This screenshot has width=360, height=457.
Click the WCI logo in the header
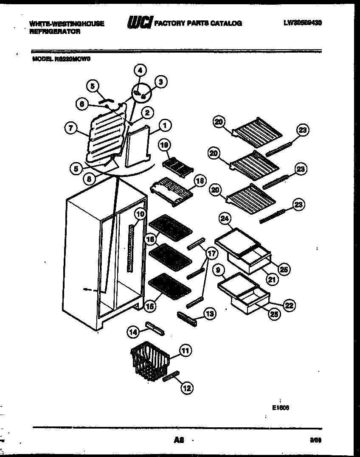tap(140, 23)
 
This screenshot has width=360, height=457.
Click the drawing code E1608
tap(281, 408)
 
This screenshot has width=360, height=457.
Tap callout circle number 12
tap(187, 387)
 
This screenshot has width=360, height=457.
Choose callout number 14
tap(134, 333)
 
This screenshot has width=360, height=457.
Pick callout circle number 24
tap(225, 219)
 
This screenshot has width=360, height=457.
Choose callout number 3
tap(160, 81)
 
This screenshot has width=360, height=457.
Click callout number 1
tap(166, 125)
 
